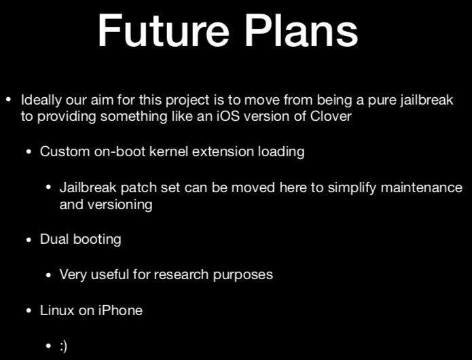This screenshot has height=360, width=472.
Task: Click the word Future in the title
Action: [x=164, y=31]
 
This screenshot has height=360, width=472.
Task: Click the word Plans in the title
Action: [x=302, y=31]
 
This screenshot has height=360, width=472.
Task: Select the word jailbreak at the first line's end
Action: [x=426, y=101]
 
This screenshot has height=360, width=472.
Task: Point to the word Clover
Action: [x=331, y=116]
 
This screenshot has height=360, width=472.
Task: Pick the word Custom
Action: [x=65, y=151]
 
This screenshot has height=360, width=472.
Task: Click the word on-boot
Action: [x=120, y=151]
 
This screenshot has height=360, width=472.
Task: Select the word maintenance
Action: [x=422, y=187]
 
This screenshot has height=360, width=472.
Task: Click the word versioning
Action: [x=120, y=205]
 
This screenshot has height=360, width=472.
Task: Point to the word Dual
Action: [x=54, y=239]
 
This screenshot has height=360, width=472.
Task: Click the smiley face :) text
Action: [x=63, y=346]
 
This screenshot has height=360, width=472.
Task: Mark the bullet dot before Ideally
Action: [x=9, y=100]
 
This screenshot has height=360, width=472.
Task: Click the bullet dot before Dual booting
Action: [x=29, y=240]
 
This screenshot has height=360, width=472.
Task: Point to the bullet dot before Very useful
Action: [x=48, y=275]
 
